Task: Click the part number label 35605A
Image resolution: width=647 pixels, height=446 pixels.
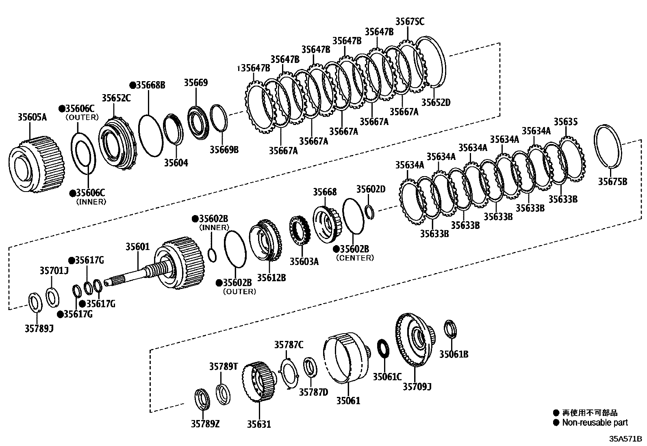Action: [32, 117]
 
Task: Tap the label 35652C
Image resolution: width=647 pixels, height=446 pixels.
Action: [116, 98]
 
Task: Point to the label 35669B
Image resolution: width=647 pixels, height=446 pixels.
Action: [224, 150]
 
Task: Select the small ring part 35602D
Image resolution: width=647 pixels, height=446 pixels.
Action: [369, 212]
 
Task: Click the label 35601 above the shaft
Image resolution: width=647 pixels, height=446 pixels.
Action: [137, 246]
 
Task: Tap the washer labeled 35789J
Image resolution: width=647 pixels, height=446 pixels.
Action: [35, 302]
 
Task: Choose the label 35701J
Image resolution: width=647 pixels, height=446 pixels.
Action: [54, 270]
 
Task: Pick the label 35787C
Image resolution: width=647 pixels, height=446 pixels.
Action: [289, 345]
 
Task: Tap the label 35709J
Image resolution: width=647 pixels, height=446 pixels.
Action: [417, 386]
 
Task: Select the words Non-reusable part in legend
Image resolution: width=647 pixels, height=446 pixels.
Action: [595, 422]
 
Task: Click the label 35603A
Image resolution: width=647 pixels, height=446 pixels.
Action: [304, 261]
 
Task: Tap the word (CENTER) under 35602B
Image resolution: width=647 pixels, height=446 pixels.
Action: [355, 258]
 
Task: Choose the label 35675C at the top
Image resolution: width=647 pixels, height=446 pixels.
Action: [409, 22]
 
